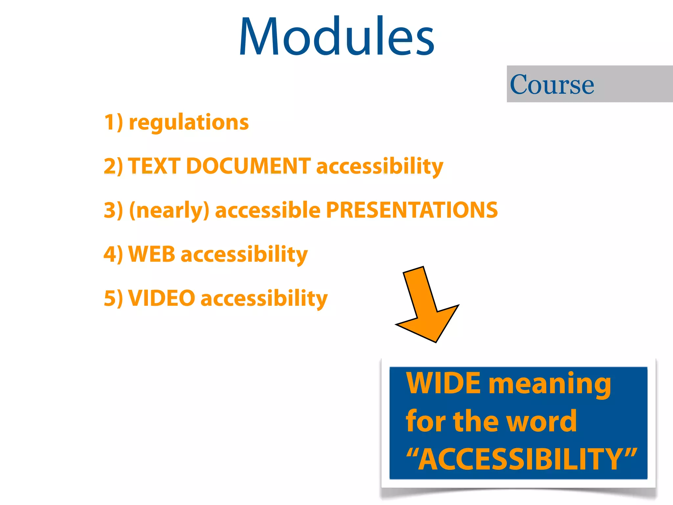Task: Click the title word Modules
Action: (336, 37)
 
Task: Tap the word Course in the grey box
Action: (552, 85)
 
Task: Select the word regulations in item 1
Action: (189, 122)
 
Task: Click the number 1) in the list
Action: (114, 122)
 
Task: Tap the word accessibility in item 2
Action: (380, 166)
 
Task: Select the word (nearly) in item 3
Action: (169, 210)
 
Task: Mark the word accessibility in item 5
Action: (264, 299)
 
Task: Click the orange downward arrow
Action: (426, 306)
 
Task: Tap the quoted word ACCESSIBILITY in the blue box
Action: (522, 459)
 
